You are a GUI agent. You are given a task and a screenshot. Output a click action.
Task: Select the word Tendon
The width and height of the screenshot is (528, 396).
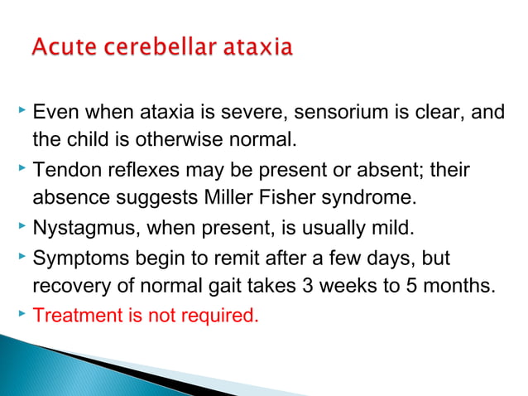pos(64,171)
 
